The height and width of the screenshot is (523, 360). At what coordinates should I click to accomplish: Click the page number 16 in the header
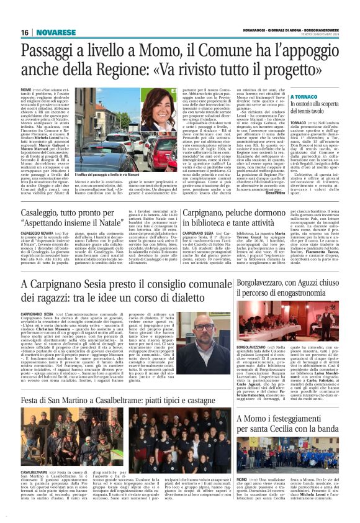(24, 32)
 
